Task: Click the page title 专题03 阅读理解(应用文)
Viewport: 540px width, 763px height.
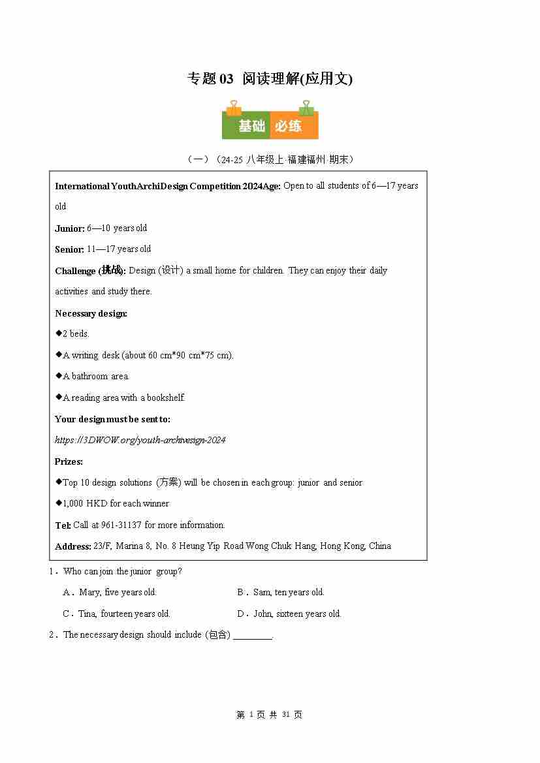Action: coord(270,79)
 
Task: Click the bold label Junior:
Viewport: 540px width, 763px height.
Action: coord(70,228)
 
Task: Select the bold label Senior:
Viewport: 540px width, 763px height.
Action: coord(70,249)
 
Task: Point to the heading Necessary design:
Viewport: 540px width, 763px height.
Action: coord(91,313)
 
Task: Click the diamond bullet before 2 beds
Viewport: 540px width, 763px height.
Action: coord(58,333)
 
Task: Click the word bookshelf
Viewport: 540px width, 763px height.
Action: coord(166,397)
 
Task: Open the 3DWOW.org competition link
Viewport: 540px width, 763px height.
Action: coord(140,440)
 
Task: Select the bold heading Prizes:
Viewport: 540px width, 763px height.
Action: coord(69,461)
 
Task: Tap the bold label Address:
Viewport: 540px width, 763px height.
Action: coord(73,546)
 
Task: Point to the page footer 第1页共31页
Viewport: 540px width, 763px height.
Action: coord(270,715)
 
